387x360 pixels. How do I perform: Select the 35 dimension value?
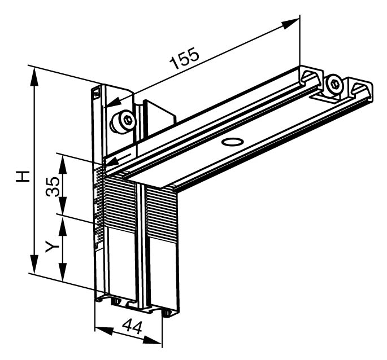click(x=53, y=186)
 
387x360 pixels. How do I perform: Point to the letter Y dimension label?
click(x=52, y=247)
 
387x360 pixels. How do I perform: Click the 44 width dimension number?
click(x=133, y=326)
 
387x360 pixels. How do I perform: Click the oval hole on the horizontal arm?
click(x=233, y=142)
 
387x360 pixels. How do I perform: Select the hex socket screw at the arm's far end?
click(x=334, y=85)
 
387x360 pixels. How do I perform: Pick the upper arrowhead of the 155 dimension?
click(x=290, y=24)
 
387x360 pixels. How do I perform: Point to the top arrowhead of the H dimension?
click(x=34, y=77)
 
